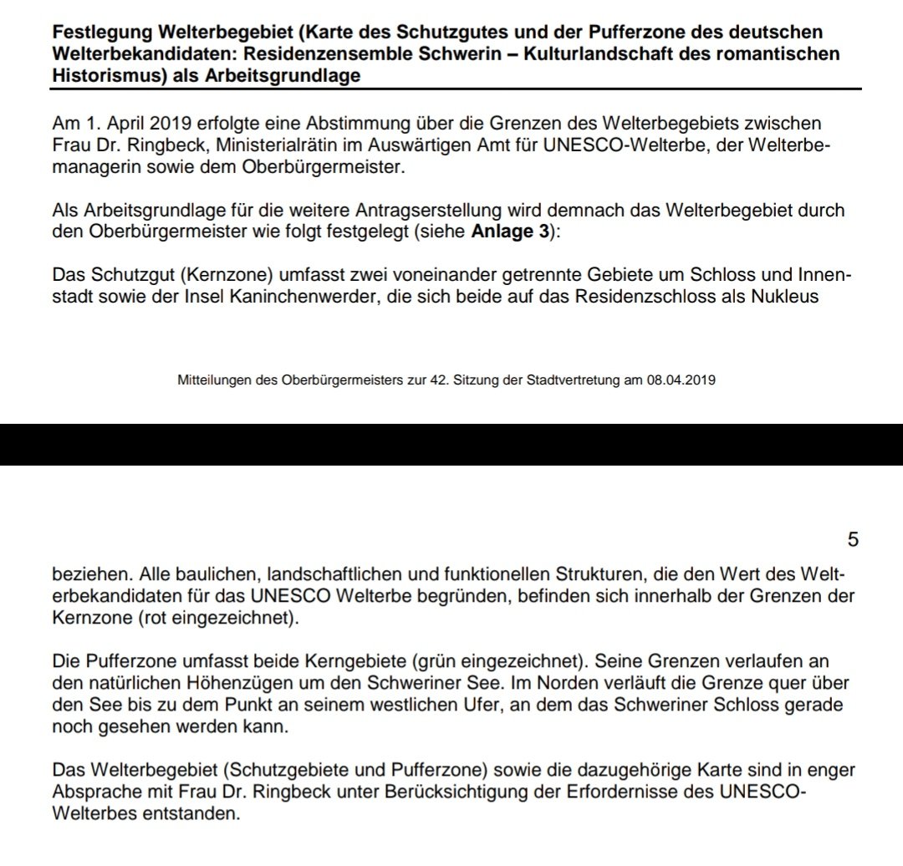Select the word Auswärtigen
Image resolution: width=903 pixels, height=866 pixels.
pyautogui.click(x=436, y=145)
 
